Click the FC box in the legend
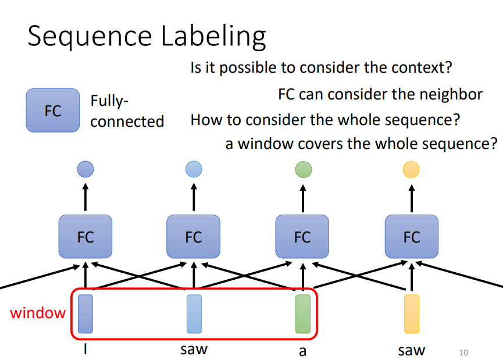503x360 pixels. (x=53, y=110)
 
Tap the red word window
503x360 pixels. (x=38, y=313)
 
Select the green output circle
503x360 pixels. (x=304, y=169)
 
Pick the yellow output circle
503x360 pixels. (x=411, y=169)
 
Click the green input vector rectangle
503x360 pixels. (x=303, y=314)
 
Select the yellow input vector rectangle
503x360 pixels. (x=412, y=314)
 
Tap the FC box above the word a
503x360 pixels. (x=302, y=237)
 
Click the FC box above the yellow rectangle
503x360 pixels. (x=411, y=237)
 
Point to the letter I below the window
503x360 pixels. (x=86, y=350)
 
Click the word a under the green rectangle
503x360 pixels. (x=302, y=351)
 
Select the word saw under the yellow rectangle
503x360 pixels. (x=411, y=351)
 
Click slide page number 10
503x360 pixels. (x=463, y=352)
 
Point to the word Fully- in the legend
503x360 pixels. (x=109, y=101)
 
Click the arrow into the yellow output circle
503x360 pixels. (x=411, y=197)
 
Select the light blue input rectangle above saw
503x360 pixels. (x=194, y=314)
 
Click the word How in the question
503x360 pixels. (x=205, y=120)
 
